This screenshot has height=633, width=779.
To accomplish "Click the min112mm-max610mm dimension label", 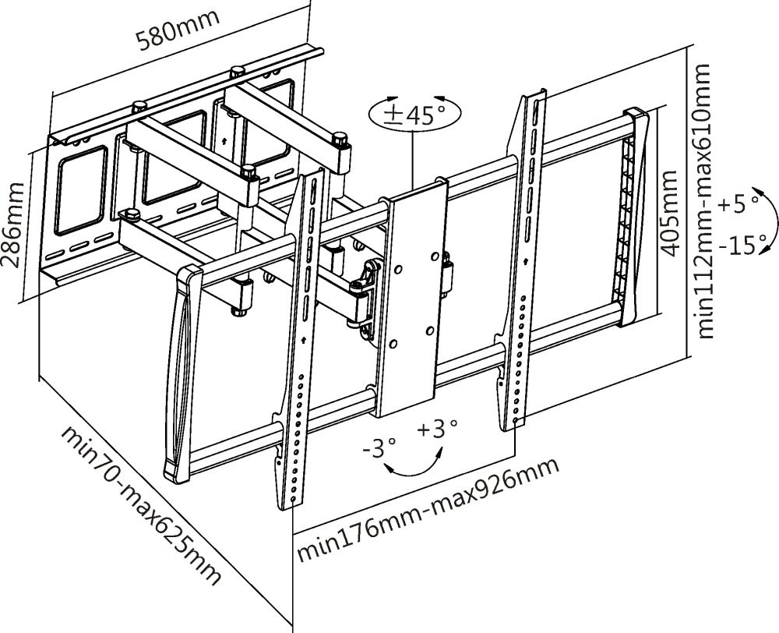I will click(705, 201).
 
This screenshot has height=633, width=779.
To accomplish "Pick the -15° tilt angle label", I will click(742, 246).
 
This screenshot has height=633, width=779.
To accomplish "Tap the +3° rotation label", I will click(436, 429).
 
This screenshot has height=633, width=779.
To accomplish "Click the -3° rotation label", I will click(379, 448).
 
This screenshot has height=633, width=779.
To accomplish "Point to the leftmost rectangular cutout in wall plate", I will click(80, 191).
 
